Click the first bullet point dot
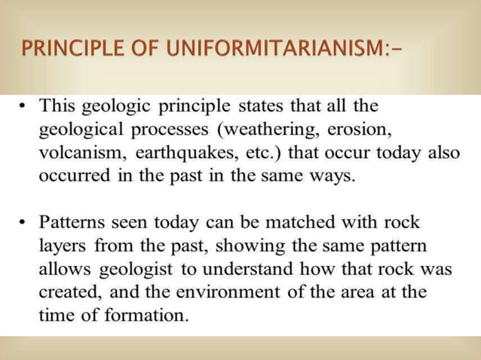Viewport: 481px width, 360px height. tap(21, 106)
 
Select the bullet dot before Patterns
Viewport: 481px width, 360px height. tap(21, 224)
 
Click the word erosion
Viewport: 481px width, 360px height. tap(361, 126)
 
